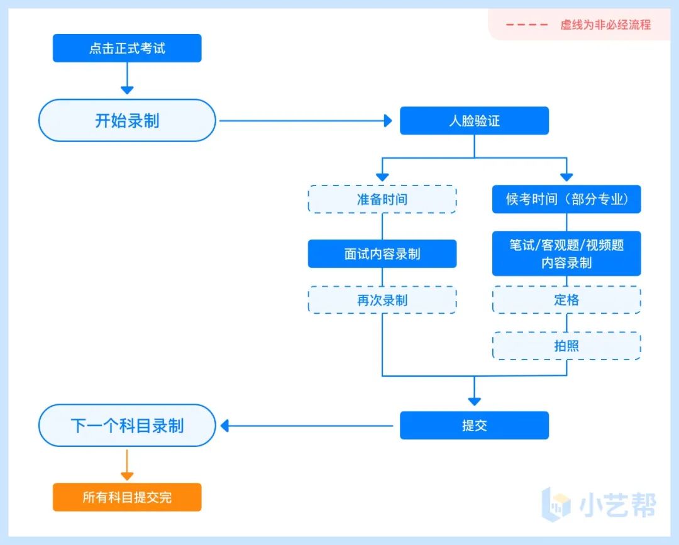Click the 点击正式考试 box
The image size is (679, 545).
click(x=127, y=48)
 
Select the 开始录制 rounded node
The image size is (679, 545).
click(x=127, y=120)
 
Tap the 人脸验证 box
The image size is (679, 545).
click(x=474, y=121)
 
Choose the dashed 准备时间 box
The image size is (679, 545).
click(x=382, y=199)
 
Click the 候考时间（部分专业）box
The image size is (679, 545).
click(x=566, y=199)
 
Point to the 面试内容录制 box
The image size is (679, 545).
click(x=382, y=254)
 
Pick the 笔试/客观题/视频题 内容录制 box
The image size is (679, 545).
click(x=566, y=253)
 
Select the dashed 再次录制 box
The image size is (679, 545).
click(x=382, y=300)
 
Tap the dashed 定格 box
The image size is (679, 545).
click(x=566, y=300)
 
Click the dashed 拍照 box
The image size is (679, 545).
click(x=566, y=346)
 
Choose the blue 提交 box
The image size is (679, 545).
click(x=474, y=426)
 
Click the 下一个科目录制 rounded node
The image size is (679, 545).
click(x=127, y=426)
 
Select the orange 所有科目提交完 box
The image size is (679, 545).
click(x=127, y=497)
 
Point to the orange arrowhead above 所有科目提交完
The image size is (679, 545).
click(x=127, y=475)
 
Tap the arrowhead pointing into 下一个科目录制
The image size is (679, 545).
click(x=224, y=426)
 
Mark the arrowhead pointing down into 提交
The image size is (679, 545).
click(x=474, y=400)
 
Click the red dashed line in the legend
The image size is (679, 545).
click(x=527, y=25)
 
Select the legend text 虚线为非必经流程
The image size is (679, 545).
click(x=605, y=25)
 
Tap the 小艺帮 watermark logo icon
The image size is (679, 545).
click(x=556, y=504)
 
